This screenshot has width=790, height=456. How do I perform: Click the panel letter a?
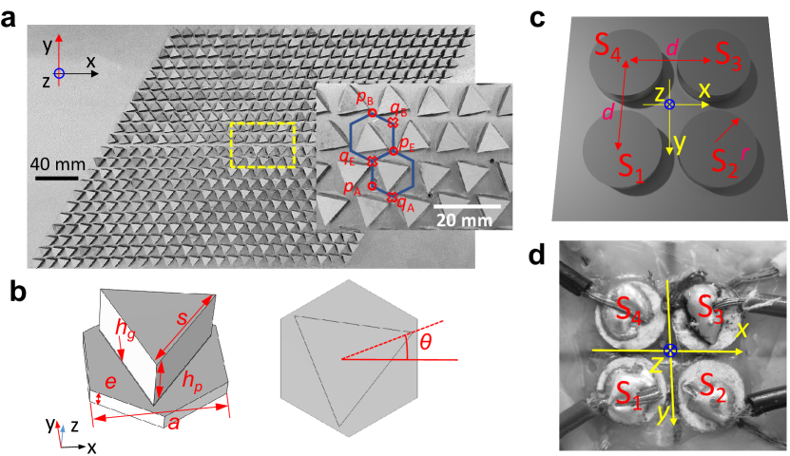click(13, 17)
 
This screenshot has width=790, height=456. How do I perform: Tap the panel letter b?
click(14, 290)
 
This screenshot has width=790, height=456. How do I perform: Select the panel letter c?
click(539, 17)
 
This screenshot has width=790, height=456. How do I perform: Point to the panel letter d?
click(539, 256)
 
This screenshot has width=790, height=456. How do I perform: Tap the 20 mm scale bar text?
click(466, 220)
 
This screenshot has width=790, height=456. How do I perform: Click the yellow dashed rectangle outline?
click(263, 122)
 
